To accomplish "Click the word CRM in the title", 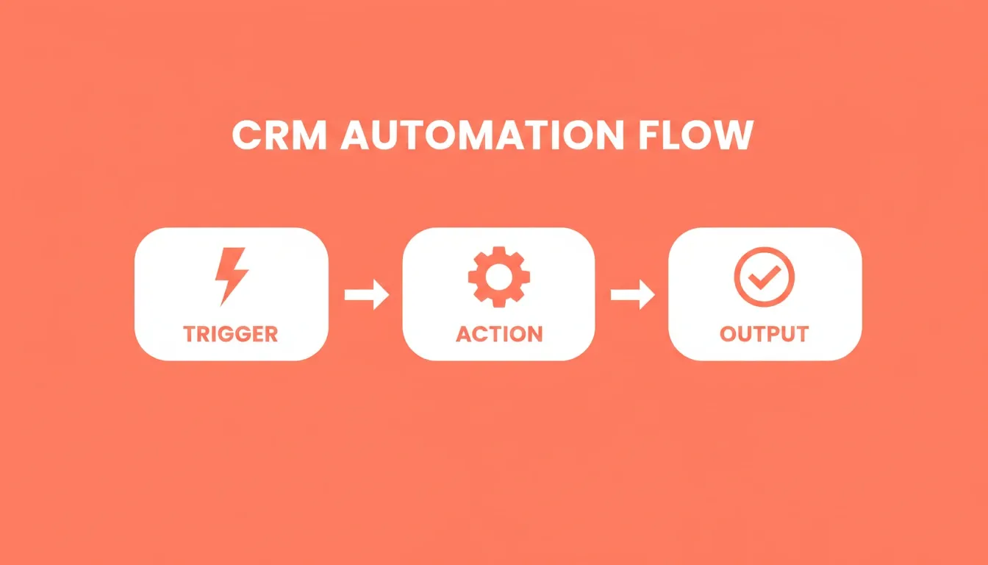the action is coord(279,135).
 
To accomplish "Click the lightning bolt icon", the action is coord(231,277).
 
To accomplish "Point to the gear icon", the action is coord(499,277).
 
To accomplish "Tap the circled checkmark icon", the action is coord(765,277).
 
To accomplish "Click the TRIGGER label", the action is coord(231,334).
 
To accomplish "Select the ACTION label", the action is coord(499,334).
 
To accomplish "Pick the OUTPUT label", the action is coord(765,334).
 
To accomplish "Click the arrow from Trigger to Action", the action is coord(367,294).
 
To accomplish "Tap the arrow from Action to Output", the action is coord(632,294).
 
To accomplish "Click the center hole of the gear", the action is coord(499,277).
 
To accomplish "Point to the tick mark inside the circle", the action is coord(765,277).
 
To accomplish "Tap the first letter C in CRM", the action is coord(246,135).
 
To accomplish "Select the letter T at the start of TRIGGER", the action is coord(191,334).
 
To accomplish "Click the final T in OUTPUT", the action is coord(801,334).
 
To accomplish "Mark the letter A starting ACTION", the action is coord(464,334).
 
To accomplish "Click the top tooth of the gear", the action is coord(499,251).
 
